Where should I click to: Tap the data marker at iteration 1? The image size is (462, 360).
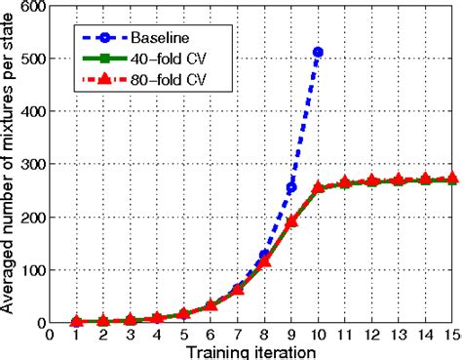(x=75, y=321)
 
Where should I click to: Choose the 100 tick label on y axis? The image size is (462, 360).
(x=34, y=270)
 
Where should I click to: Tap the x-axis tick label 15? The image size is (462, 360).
(x=450, y=335)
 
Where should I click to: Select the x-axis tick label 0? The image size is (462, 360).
(x=49, y=335)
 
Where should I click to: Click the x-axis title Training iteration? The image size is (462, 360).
(x=250, y=351)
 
